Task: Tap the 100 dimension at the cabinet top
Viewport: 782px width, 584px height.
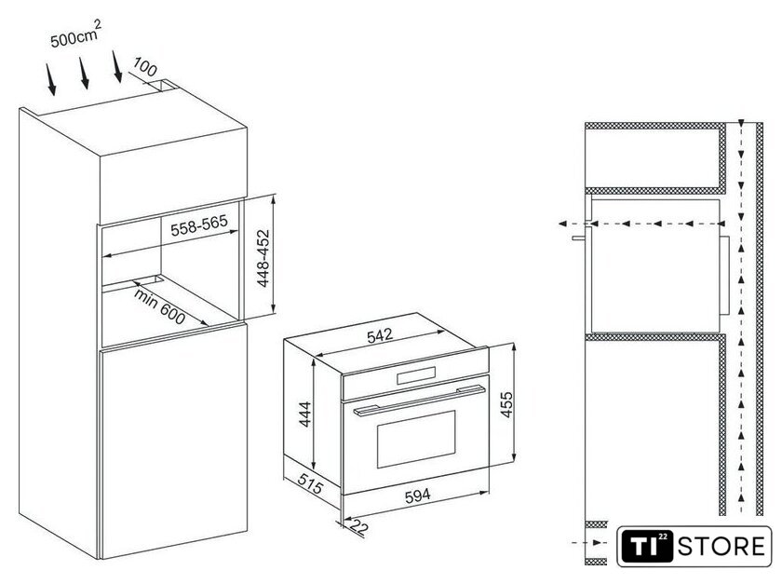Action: [145, 67]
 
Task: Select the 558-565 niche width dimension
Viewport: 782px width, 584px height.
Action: [199, 225]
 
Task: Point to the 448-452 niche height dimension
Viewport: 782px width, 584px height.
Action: [263, 258]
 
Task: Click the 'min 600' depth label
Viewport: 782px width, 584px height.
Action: [159, 306]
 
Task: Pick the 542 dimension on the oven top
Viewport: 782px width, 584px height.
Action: [380, 335]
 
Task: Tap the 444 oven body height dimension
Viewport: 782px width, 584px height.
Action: [305, 414]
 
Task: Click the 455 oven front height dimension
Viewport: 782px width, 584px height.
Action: [506, 405]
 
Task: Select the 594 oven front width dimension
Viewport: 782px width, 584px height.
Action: [417, 496]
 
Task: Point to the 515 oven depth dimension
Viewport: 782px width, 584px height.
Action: [310, 483]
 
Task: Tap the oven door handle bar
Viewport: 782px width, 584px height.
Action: [420, 399]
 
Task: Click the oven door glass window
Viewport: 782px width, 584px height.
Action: [416, 440]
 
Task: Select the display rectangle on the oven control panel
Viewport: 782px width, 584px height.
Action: [416, 375]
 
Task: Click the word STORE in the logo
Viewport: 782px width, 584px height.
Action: [721, 546]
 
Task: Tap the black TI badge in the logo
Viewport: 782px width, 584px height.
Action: [647, 546]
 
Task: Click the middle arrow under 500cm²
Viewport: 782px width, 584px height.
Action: [85, 73]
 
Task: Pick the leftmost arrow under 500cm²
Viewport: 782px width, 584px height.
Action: [51, 79]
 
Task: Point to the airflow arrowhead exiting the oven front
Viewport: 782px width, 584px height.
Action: [563, 224]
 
